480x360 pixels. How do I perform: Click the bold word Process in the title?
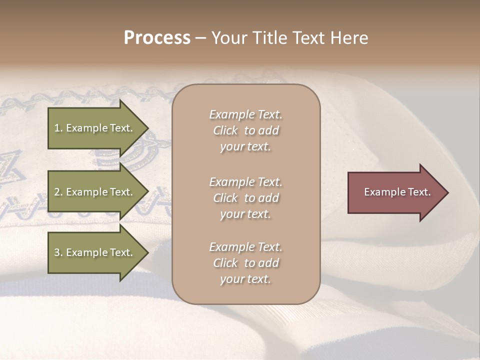click(x=157, y=38)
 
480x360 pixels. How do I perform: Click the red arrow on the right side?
click(x=395, y=192)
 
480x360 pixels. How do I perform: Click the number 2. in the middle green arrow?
click(x=58, y=192)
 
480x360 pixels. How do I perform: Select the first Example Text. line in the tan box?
click(x=245, y=114)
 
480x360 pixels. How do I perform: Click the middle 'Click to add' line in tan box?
click(x=245, y=198)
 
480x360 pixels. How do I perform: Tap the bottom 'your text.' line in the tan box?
click(x=245, y=279)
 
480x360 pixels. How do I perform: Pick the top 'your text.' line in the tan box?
click(x=245, y=147)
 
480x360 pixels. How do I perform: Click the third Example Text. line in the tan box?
click(x=245, y=247)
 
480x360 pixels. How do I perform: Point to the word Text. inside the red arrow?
click(x=419, y=192)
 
